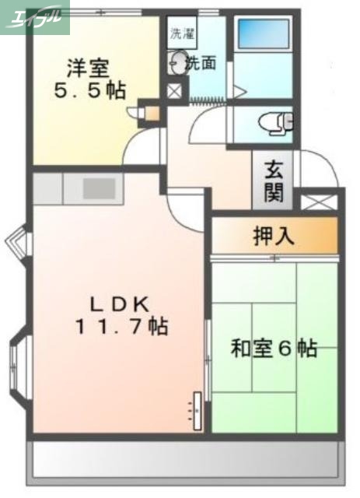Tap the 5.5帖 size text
(x=89, y=91)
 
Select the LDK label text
(x=121, y=303)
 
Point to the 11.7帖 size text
(x=121, y=328)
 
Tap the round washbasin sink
(x=178, y=63)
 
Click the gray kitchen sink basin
(x=99, y=188)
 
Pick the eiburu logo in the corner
(x=35, y=16)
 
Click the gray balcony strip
(x=186, y=464)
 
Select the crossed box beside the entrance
(x=320, y=203)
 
